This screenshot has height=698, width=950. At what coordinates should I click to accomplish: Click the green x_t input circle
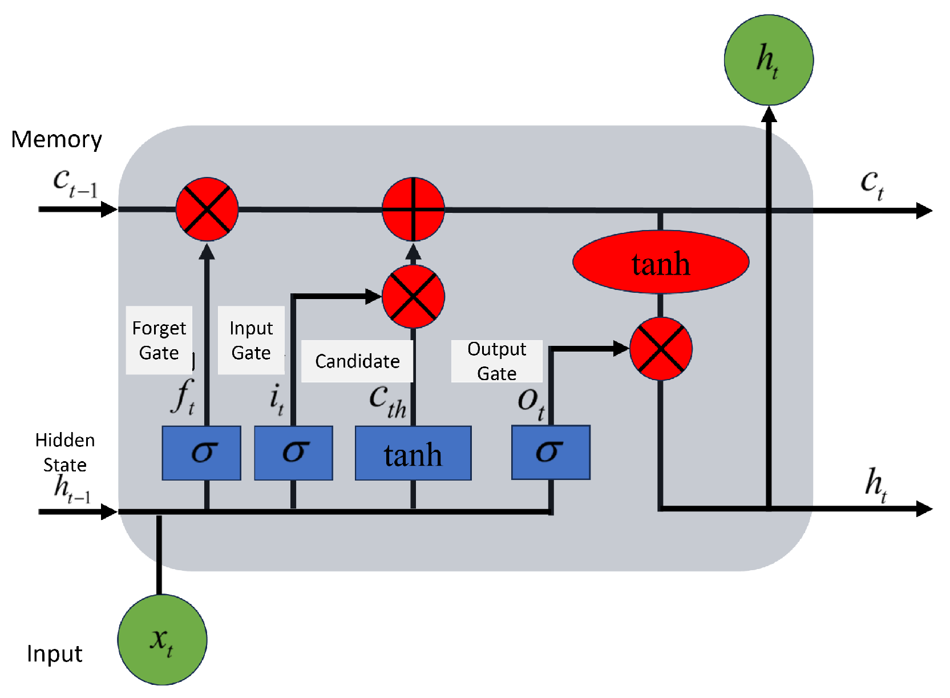pos(163,640)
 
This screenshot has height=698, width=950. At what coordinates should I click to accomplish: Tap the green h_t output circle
pos(769,60)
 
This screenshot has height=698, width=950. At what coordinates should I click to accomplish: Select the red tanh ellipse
pos(661,262)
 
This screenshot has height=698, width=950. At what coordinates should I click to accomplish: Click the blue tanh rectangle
pos(413,453)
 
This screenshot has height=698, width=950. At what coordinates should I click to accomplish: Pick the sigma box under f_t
pos(201,453)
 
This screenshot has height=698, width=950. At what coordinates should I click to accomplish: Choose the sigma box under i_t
pos(293,453)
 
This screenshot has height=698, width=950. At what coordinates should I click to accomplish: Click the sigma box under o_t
pos(551,453)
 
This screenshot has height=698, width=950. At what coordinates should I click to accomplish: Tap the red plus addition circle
pos(414,209)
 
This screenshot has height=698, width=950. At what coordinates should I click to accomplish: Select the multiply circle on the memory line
pos(207,209)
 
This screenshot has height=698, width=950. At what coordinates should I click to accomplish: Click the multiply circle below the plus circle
pos(414,297)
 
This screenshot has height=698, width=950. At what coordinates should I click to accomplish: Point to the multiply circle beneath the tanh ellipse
pos(661,349)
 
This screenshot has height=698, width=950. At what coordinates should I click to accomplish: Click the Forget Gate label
pos(159,340)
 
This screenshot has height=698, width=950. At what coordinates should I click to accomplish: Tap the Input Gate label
pos(251,340)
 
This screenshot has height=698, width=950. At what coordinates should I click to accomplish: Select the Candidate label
pos(357,361)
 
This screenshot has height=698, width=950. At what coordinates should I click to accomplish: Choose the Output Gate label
pos(496,361)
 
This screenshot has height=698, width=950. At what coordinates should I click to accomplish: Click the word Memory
pos(56,140)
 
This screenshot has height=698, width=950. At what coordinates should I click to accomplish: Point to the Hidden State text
pos(65,453)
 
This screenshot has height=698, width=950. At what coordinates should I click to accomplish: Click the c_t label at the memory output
pos(872,185)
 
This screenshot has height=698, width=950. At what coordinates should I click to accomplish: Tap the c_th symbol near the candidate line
pos(387,402)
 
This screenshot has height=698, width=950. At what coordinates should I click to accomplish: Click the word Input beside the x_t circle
pos(54,653)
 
